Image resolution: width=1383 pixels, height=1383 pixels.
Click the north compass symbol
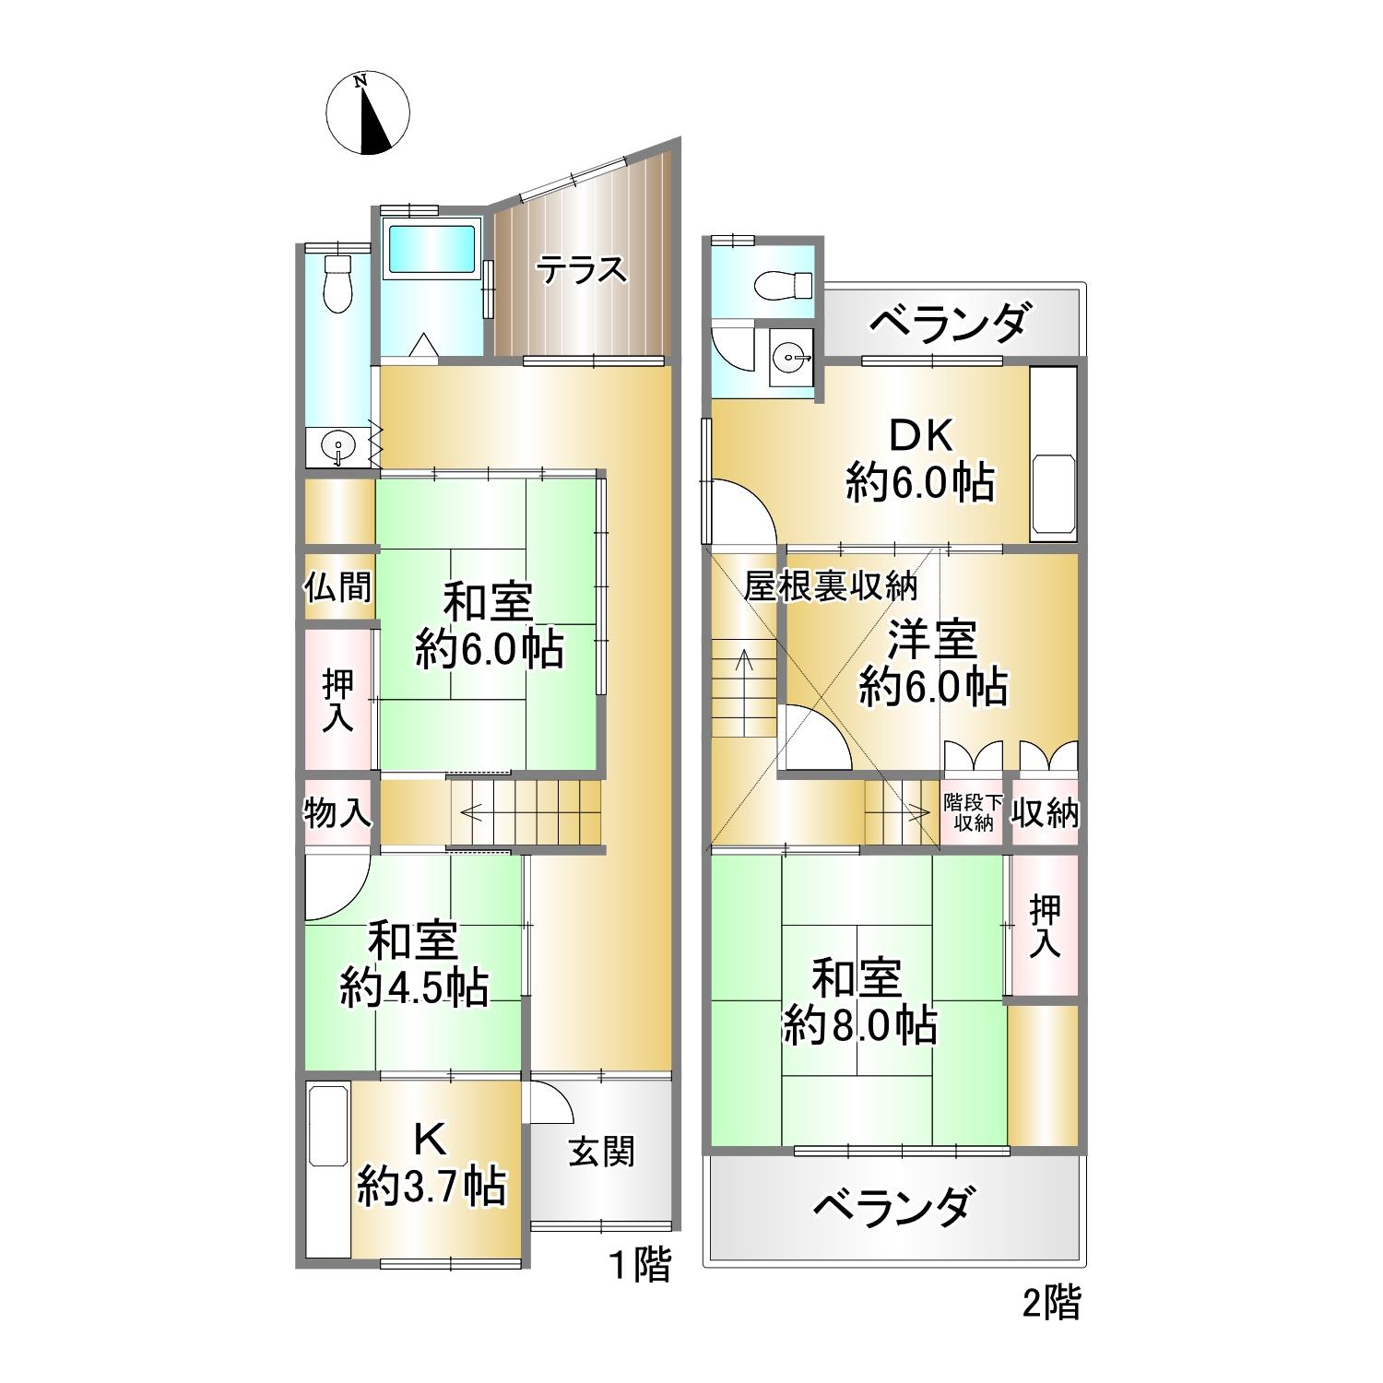coord(367,112)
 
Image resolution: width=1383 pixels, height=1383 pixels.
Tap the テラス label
coord(582,271)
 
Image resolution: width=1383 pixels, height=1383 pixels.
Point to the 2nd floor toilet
coord(781,286)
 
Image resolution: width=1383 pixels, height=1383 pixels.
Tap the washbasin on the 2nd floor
coord(790,353)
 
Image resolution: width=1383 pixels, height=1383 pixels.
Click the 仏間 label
coord(338,586)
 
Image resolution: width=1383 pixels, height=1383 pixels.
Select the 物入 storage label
coord(338,813)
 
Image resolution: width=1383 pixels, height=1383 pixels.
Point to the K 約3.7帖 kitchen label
coord(431,1164)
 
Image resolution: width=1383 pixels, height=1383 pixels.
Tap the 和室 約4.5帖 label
coord(413,964)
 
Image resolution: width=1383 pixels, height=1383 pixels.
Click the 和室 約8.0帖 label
coord(859,1001)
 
